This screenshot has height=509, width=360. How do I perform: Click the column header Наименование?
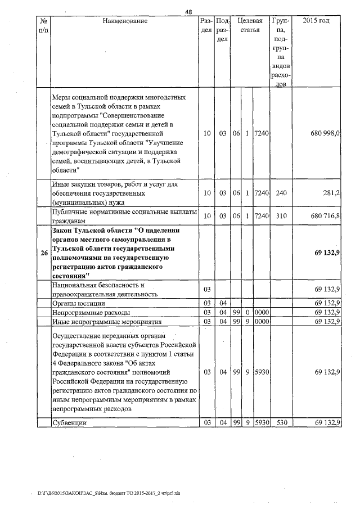tap(125, 21)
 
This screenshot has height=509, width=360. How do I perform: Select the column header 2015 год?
tap(316, 21)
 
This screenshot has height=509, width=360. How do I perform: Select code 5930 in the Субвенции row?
tap(262, 422)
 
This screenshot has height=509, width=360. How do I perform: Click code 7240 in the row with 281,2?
tap(262, 192)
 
